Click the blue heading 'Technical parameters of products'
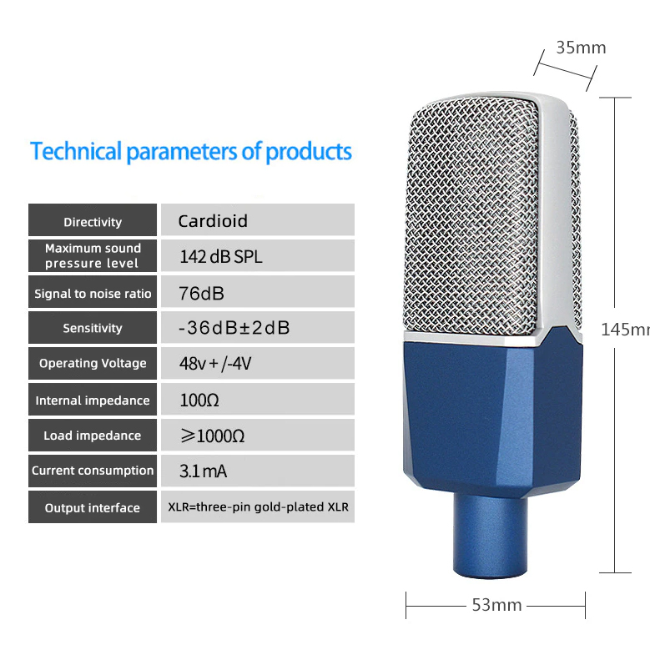[191, 152]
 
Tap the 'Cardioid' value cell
[258, 220]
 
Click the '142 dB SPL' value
[221, 257]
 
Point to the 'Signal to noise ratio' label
[93, 294]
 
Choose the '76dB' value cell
[258, 292]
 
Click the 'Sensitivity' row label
[93, 328]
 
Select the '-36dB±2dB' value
[234, 328]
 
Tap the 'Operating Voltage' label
[93, 363]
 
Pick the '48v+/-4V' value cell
[258, 364]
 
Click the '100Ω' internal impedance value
[199, 400]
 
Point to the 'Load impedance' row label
[93, 436]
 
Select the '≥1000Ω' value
[212, 436]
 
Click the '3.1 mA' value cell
[258, 471]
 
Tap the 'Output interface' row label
[93, 507]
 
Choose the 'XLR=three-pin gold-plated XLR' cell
[258, 507]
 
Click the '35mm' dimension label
[581, 48]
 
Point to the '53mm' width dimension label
[496, 605]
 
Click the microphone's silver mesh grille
[472, 215]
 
